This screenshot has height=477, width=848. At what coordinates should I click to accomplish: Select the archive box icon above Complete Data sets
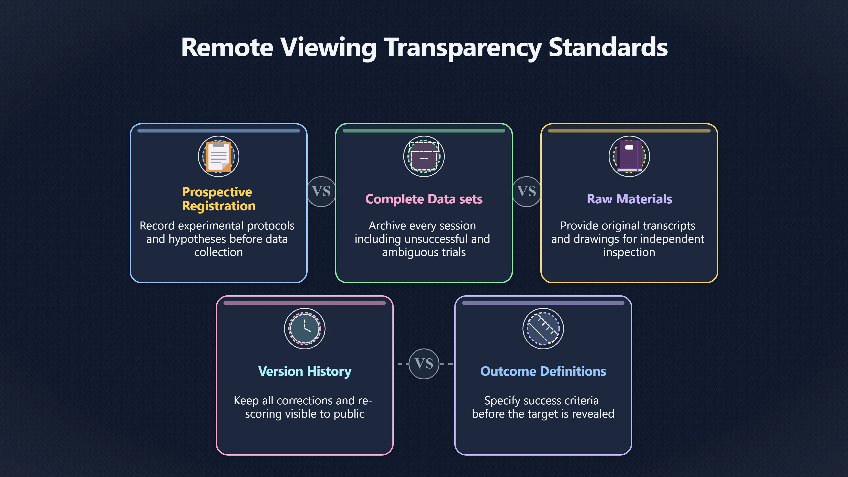[424, 156]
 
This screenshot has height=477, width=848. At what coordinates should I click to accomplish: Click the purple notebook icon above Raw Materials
[629, 156]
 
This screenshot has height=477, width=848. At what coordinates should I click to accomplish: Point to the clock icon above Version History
[305, 329]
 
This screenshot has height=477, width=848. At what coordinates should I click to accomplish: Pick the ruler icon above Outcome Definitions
[543, 329]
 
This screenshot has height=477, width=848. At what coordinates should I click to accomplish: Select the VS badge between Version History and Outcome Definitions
[424, 364]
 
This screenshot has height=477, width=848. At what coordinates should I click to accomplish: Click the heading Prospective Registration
[219, 199]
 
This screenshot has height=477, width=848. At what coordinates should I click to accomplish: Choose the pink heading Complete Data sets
[424, 199]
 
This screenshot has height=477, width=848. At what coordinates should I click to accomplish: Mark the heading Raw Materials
[629, 199]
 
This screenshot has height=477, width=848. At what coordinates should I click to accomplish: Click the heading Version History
[305, 371]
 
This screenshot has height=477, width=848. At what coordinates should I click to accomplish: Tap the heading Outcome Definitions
[543, 371]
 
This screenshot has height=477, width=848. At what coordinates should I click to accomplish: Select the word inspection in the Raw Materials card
[629, 252]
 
